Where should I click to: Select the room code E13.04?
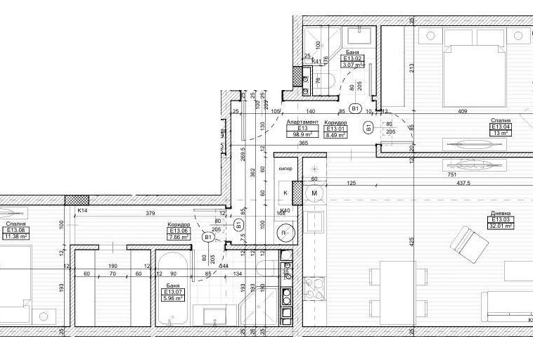click(500, 127)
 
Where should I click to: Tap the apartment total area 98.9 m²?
click(303, 135)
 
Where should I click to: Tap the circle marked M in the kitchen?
click(314, 193)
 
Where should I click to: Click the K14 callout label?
click(82, 210)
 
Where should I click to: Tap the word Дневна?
click(501, 214)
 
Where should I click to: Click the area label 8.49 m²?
click(334, 135)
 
